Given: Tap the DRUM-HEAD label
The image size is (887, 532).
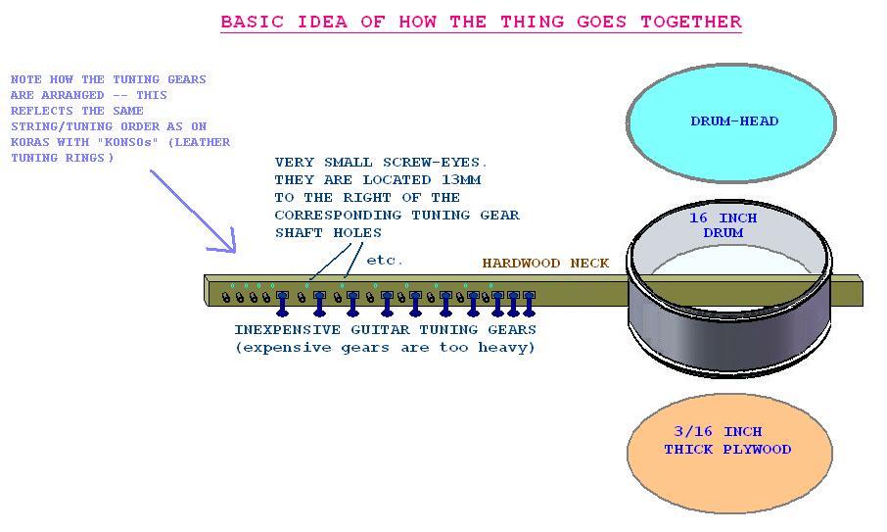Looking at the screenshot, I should coord(734,121).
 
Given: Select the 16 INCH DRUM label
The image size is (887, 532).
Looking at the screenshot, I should coord(723,225).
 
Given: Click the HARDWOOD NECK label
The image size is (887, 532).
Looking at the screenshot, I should coord(545,264).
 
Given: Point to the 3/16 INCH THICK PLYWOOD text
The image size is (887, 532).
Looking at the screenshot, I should coord(726,441).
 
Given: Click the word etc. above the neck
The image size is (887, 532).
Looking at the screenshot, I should coord(385,261).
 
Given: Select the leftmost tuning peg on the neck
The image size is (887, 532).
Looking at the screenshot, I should coord(226,298).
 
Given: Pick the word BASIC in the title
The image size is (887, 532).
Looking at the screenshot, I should coord(249,22).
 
